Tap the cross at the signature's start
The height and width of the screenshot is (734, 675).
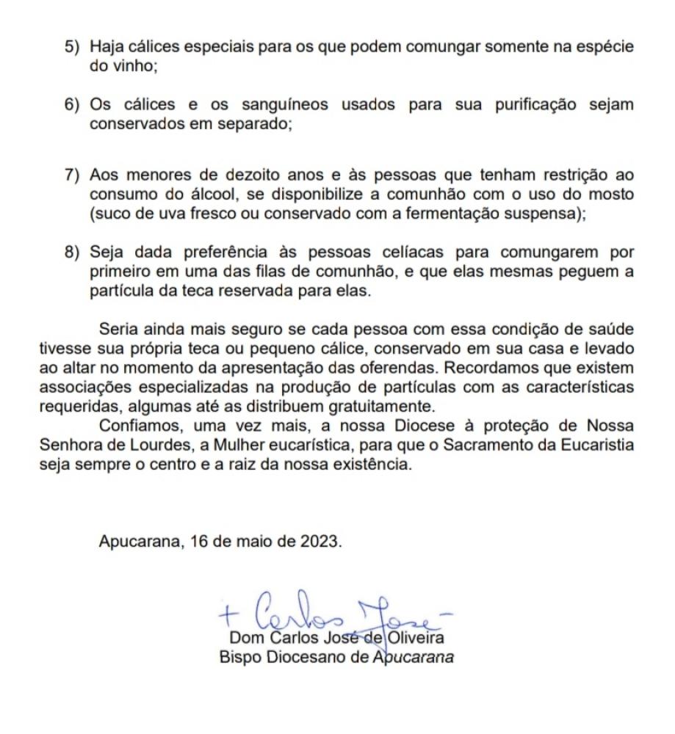click(x=227, y=608)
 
